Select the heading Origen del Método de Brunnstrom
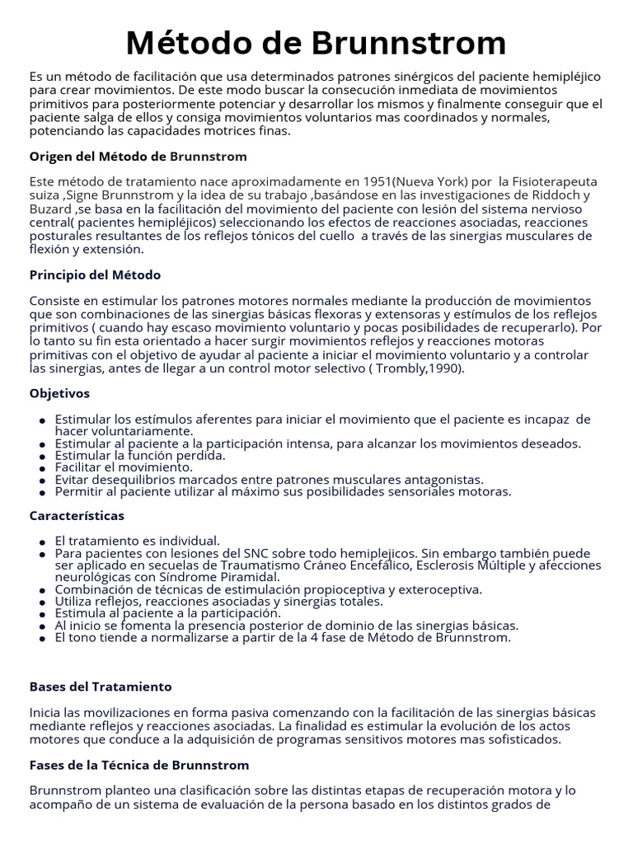138,157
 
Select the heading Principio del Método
95,274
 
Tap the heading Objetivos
59,393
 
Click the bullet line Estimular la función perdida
140,455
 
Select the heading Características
77,515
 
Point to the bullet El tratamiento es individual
137,541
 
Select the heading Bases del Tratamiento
101,687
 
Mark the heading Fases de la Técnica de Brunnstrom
138,765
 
